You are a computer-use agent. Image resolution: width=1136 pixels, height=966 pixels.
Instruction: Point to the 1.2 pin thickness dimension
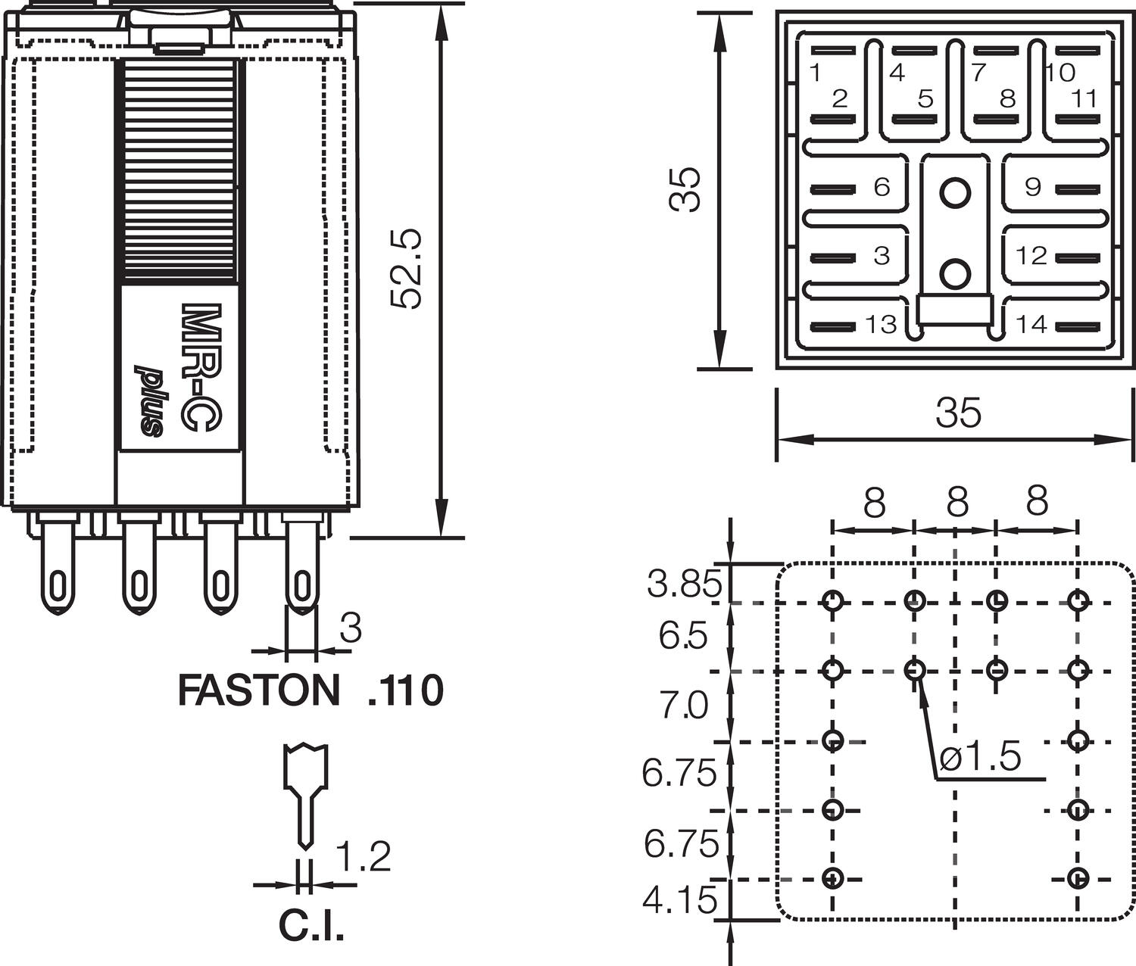pos(363,857)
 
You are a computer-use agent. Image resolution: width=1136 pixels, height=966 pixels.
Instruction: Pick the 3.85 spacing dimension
pos(684,584)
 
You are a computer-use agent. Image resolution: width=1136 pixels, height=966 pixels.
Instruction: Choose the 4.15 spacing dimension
pos(679,900)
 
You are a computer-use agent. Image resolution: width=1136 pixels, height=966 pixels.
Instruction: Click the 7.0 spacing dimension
pos(683,706)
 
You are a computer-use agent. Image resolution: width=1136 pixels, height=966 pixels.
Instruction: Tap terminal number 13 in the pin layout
pos(881,325)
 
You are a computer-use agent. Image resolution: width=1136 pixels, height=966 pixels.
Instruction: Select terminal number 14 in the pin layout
pos(1031,324)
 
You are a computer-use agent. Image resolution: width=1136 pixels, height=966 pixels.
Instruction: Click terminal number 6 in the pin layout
pos(882,187)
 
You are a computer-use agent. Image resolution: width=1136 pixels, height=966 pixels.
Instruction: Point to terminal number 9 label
pos(1033,187)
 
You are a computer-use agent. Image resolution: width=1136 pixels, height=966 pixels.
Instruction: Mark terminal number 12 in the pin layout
pos(1031,256)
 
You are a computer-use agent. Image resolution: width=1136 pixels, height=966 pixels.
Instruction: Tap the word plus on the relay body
pos(149,401)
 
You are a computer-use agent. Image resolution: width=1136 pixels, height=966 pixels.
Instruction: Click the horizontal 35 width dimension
pos(958,413)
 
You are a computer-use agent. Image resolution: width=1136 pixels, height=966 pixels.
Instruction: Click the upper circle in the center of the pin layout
pos(955,192)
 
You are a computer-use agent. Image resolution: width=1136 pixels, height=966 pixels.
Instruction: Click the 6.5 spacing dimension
pos(682,637)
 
